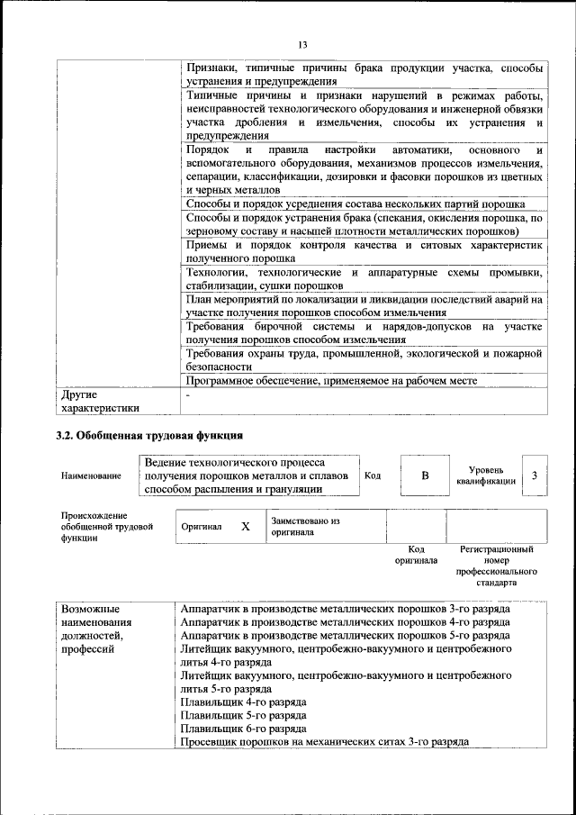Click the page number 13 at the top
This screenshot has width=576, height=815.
[301, 45]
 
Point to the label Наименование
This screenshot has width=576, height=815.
[91, 475]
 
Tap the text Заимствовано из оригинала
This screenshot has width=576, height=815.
[305, 527]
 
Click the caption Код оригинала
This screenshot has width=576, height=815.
[416, 554]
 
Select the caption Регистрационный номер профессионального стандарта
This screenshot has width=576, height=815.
[496, 566]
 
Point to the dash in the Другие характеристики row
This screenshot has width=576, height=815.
[188, 395]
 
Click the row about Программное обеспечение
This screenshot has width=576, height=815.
[330, 381]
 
